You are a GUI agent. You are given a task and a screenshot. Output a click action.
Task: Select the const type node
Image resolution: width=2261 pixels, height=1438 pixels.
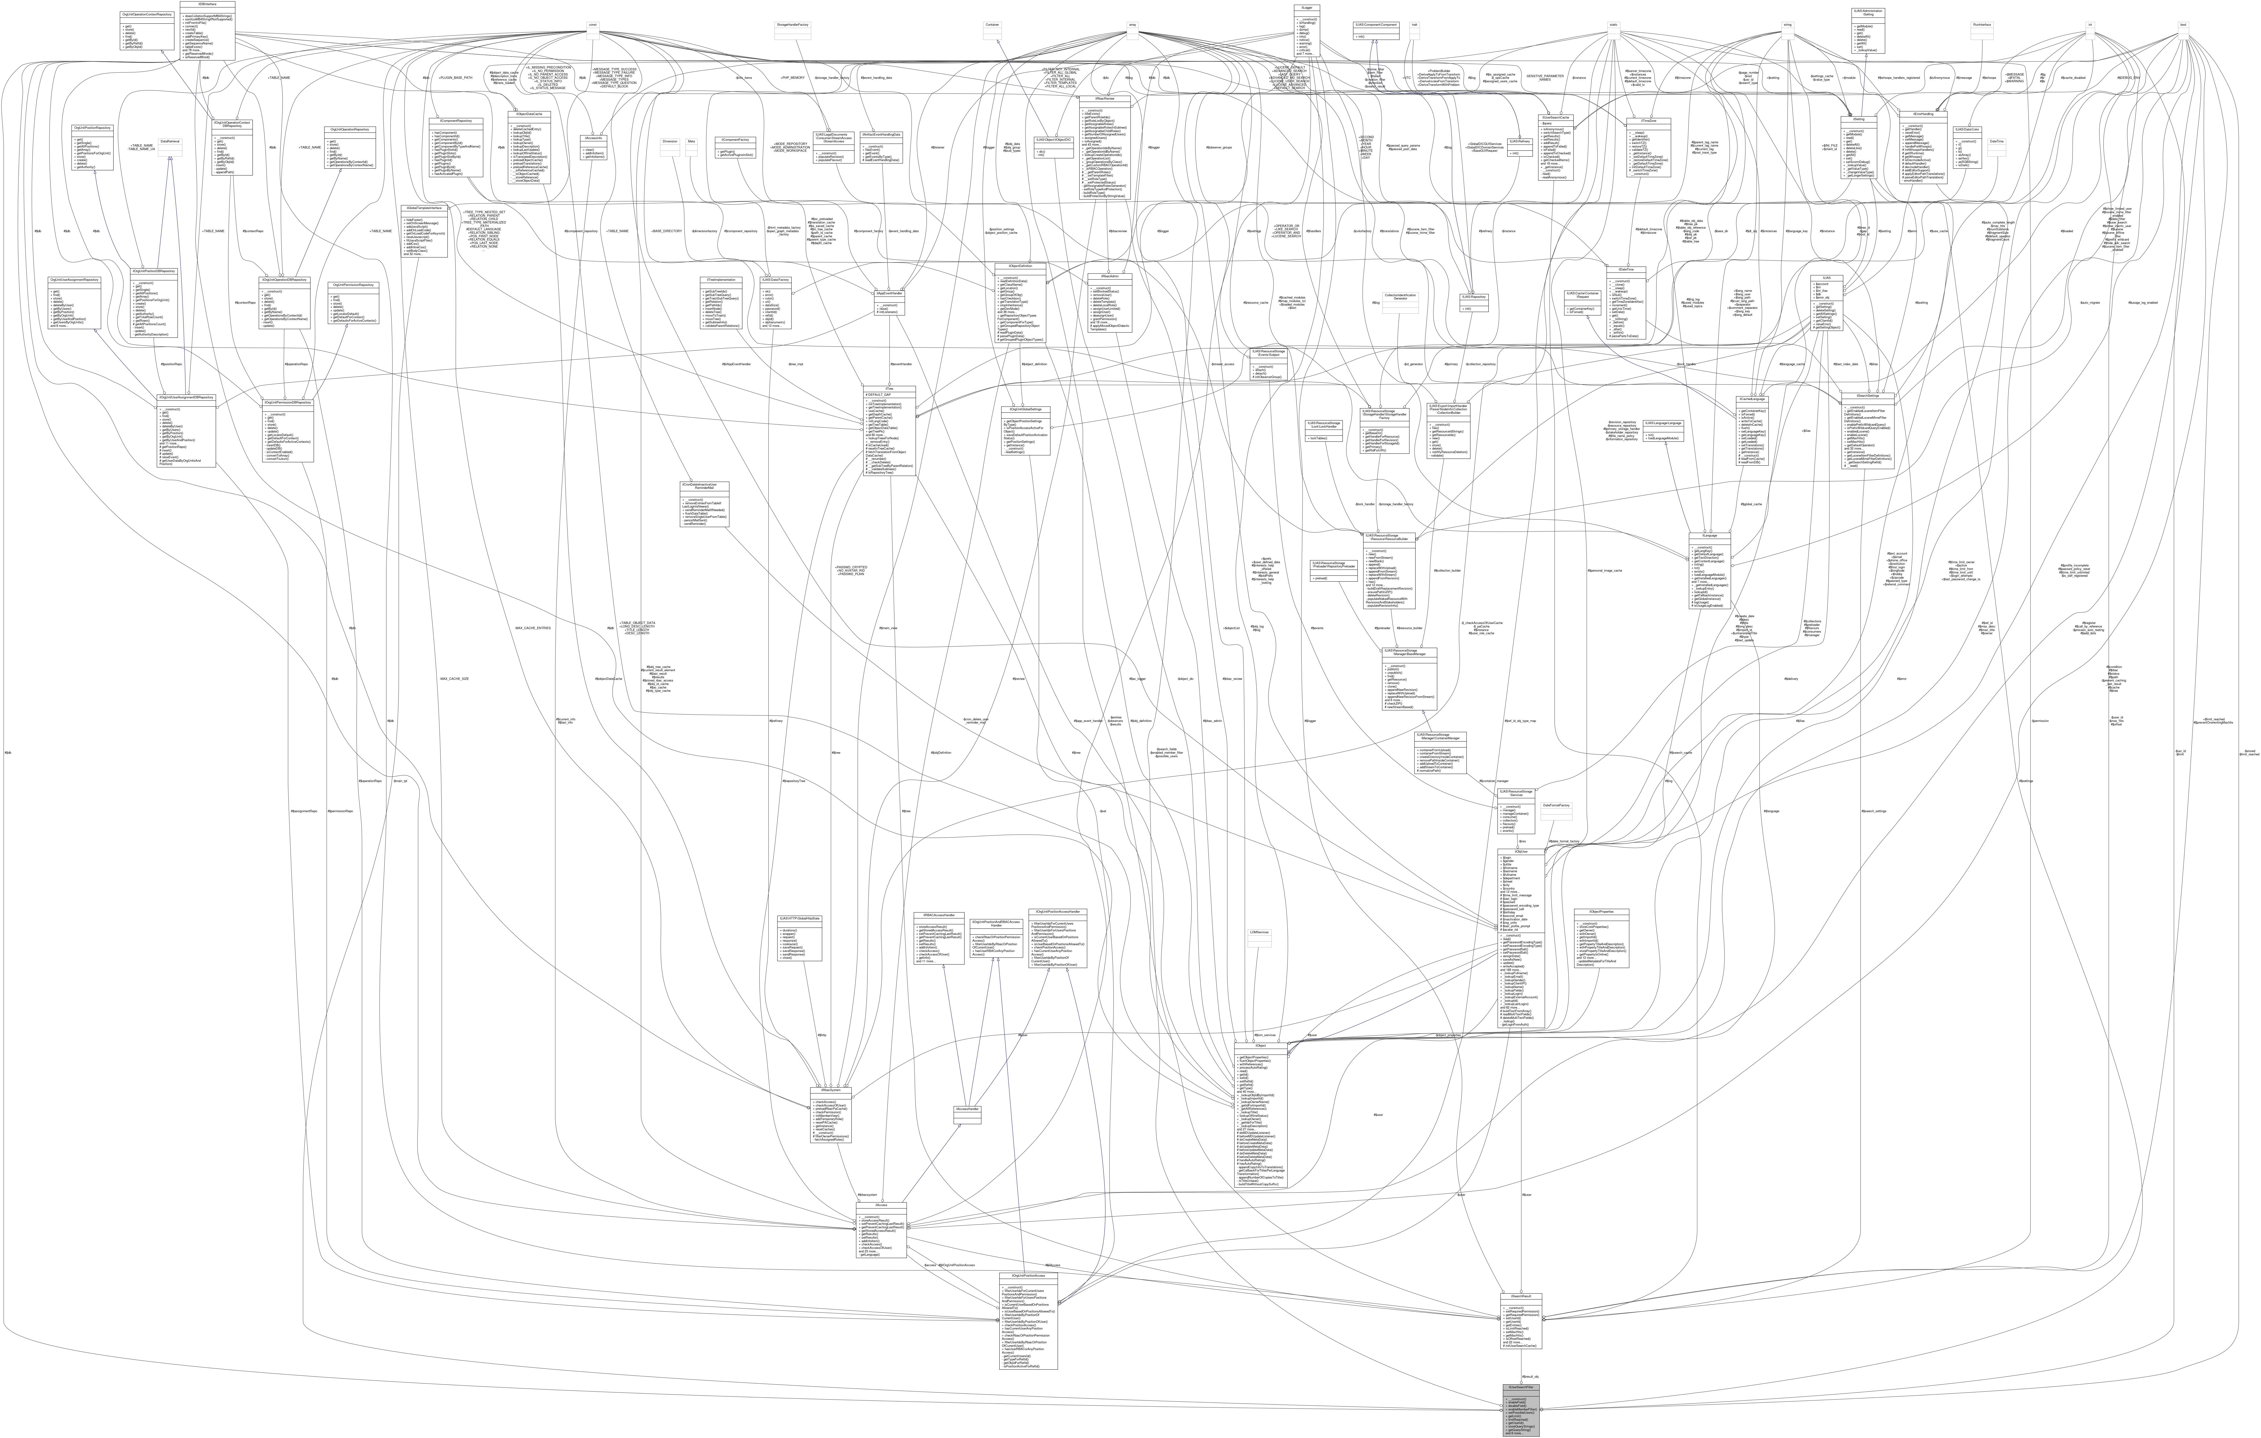(x=592, y=25)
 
